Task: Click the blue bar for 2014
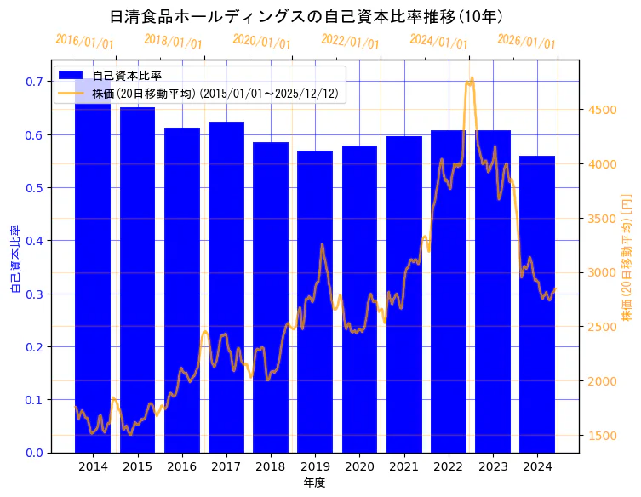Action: pyautogui.click(x=93, y=272)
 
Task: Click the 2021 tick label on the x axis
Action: pyautogui.click(x=403, y=466)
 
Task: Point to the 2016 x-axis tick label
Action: pyautogui.click(x=181, y=466)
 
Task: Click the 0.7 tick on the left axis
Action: pyautogui.click(x=34, y=82)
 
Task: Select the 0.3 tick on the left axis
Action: pyautogui.click(x=34, y=294)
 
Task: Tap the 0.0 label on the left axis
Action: pyautogui.click(x=34, y=453)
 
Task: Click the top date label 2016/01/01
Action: pyautogui.click(x=84, y=42)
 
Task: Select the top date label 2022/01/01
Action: pyautogui.click(x=350, y=42)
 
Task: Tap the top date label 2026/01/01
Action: pyautogui.click(x=526, y=42)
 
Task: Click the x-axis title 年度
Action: pyautogui.click(x=314, y=483)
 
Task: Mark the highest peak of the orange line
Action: pyautogui.click(x=471, y=77)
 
